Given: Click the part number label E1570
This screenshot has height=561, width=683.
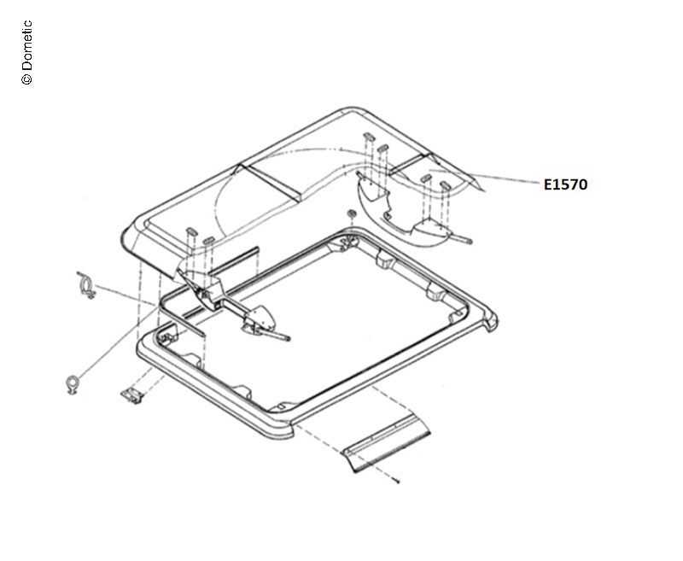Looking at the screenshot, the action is point(565,184).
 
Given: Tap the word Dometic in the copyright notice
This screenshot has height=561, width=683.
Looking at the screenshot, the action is point(26,45).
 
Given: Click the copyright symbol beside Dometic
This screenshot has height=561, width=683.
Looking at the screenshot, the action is point(26,79).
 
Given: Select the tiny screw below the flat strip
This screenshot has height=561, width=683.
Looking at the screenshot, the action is point(396,481).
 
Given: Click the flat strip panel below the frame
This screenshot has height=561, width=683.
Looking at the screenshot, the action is point(387,443).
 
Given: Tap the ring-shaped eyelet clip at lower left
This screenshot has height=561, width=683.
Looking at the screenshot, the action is point(72,383).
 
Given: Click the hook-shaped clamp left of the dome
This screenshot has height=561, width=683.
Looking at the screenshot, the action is point(87,284).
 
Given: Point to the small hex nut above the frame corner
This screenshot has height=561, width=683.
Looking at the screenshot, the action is point(351,213).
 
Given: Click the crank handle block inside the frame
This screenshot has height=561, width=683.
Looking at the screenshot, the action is point(260,320).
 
